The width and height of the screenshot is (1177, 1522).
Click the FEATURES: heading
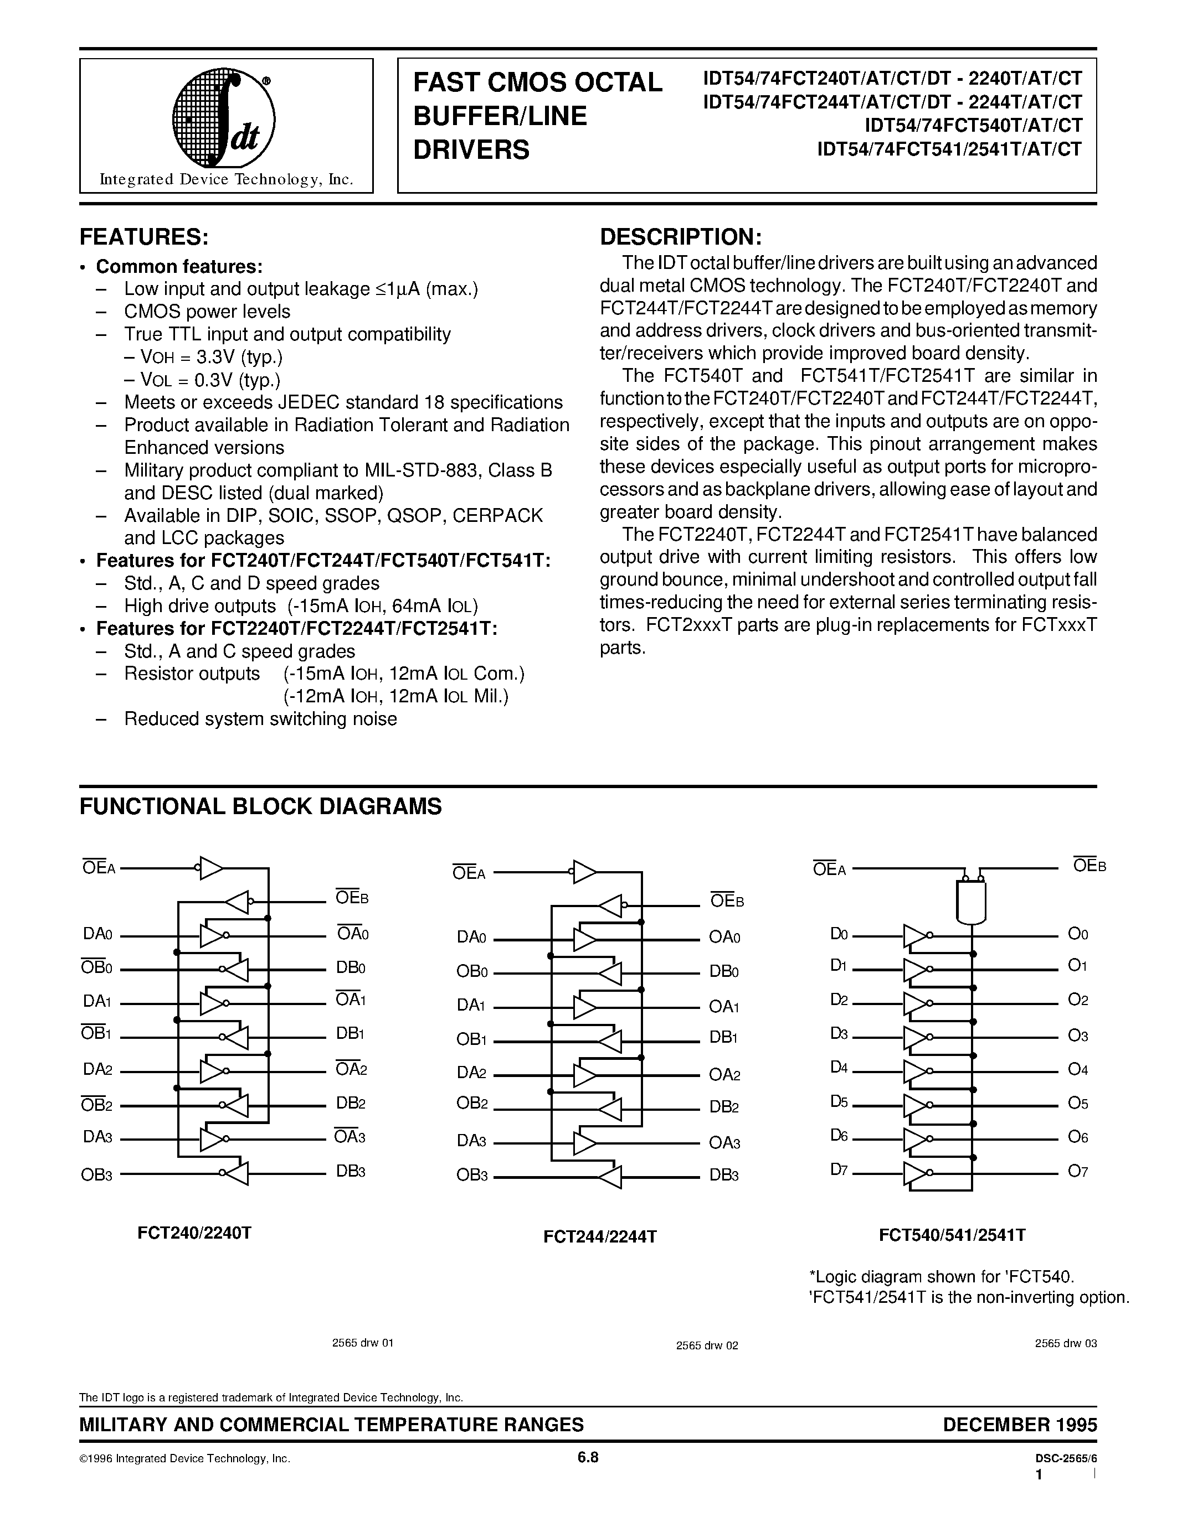(x=145, y=237)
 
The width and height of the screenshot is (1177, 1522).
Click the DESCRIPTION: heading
(x=681, y=237)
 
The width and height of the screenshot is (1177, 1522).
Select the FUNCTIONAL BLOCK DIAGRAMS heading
(x=260, y=806)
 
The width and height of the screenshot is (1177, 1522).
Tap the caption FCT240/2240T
(x=194, y=1232)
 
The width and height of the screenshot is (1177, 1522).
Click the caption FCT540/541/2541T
(x=952, y=1235)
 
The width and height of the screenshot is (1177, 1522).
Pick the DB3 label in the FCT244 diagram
(x=724, y=1175)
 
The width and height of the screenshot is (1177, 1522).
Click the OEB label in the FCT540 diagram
(x=1088, y=866)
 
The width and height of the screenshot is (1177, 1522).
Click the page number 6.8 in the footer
(x=588, y=1458)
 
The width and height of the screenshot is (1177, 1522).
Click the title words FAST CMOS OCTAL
(x=538, y=82)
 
